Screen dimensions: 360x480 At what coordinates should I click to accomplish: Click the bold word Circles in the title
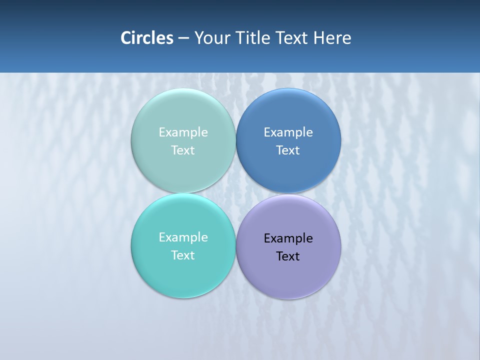pyautogui.click(x=147, y=38)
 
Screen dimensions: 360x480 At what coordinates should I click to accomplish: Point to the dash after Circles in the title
pyautogui.click(x=183, y=38)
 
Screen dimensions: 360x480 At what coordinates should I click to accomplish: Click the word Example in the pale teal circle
pyautogui.click(x=183, y=132)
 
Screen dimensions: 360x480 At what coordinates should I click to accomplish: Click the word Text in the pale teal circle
pyautogui.click(x=183, y=150)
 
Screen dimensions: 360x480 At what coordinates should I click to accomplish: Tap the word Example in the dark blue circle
pyautogui.click(x=288, y=132)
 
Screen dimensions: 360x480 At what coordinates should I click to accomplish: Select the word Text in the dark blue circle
pyautogui.click(x=288, y=150)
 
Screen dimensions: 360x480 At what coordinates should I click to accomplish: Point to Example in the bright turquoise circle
pyautogui.click(x=183, y=237)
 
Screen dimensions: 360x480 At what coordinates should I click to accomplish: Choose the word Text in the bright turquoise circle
pyautogui.click(x=183, y=255)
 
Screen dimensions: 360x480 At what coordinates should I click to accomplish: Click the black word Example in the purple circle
pyautogui.click(x=288, y=238)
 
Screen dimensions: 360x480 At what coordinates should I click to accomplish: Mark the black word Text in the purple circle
pyautogui.click(x=288, y=256)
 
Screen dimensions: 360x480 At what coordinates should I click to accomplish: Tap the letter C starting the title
pyautogui.click(x=125, y=38)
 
